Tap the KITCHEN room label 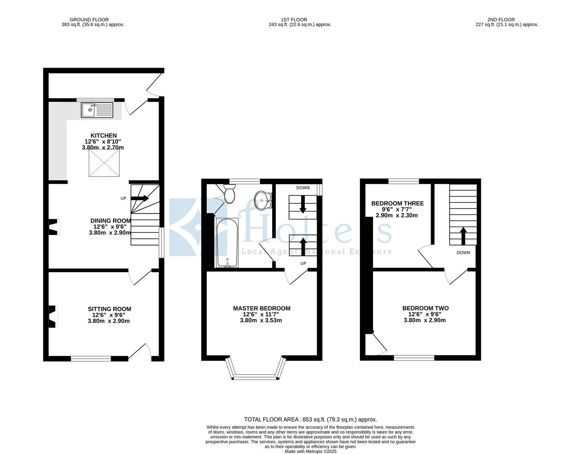103,135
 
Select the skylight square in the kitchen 103,163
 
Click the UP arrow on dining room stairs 140,198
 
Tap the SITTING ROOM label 109,309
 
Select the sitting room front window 91,359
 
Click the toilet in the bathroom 230,194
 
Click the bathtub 227,243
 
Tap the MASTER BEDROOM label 262,308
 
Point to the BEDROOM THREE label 397,203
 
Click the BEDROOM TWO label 425,308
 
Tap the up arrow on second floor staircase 463,236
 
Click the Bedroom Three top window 403,181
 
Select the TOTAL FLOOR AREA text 310,419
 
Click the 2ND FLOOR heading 501,19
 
